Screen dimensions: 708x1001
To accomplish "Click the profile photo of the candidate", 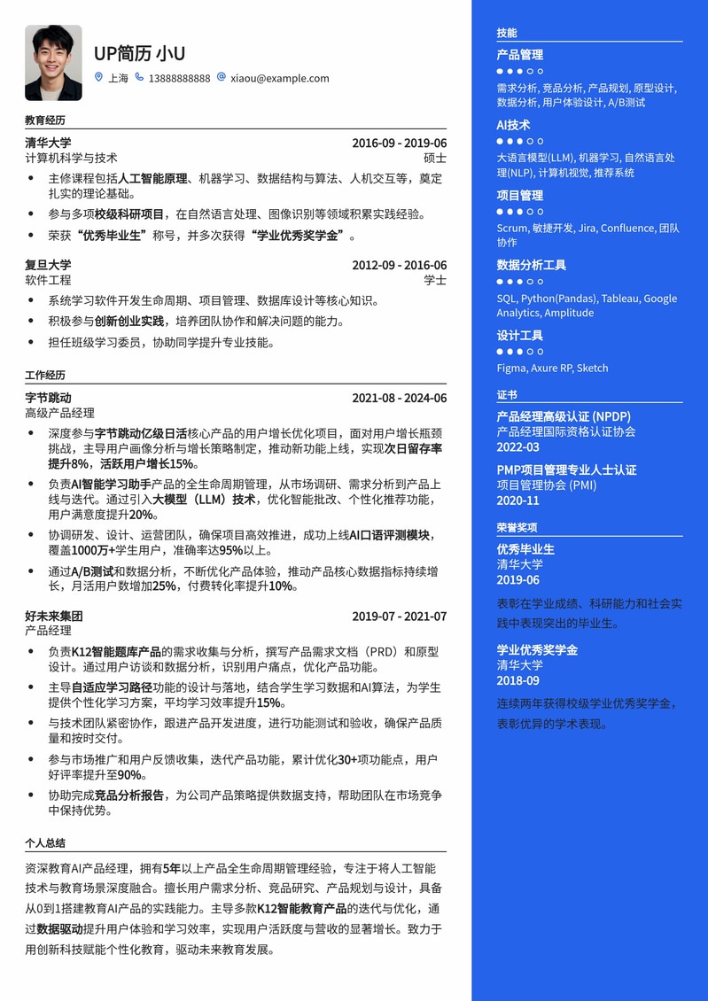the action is [x=53, y=63].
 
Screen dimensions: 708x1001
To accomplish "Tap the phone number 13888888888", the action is [x=179, y=78].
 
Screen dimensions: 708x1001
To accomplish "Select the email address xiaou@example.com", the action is [x=279, y=78].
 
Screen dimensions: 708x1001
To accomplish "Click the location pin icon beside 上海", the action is [x=99, y=78].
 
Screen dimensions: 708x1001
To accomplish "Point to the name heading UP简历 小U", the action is [x=139, y=53].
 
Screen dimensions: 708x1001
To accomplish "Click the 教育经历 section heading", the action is [x=45, y=120].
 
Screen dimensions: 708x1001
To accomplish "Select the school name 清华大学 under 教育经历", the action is [x=48, y=143].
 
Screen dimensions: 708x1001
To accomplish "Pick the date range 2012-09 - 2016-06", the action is [x=399, y=265].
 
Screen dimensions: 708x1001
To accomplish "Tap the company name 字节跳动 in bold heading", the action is [x=48, y=398].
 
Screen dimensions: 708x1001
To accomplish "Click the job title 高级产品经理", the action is [x=59, y=413].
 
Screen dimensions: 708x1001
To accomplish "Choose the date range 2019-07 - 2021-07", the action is [x=399, y=616].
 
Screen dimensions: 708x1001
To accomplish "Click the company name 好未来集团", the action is [x=54, y=616].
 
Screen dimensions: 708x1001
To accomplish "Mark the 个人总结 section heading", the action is [x=45, y=843].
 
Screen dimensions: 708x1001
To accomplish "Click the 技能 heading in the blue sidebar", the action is [x=507, y=33].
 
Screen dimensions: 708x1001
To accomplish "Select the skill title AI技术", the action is [x=514, y=125].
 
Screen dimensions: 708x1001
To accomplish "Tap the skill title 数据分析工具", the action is [x=531, y=265].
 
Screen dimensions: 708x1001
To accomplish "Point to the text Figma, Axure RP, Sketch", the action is [x=552, y=368].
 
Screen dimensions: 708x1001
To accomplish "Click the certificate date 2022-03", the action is [x=517, y=447].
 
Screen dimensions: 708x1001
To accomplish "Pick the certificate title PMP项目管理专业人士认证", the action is [x=566, y=469].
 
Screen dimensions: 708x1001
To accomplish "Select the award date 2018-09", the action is [x=517, y=680].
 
